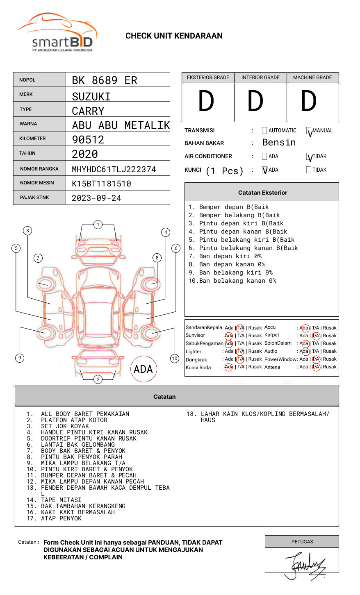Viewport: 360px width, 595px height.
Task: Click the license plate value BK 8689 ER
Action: point(104,80)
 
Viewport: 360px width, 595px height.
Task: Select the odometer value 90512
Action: point(88,140)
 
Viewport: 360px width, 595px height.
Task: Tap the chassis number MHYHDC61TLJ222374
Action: point(114,169)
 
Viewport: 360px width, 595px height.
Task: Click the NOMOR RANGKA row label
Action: point(39,169)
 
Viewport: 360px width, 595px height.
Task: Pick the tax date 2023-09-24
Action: point(96,198)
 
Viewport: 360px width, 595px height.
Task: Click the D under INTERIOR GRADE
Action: point(255,101)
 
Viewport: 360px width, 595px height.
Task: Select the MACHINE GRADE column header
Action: point(312,77)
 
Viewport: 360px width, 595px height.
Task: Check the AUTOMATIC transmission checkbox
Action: point(264,131)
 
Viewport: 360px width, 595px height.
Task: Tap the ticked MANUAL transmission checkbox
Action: point(309,131)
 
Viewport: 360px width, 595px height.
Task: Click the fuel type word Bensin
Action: point(279,143)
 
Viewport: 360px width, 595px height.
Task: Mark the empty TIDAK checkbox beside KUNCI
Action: point(309,170)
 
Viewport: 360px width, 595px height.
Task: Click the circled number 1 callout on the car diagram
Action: point(98,225)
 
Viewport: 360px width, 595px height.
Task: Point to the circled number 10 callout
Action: point(175,359)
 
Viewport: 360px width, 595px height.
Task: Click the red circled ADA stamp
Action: point(143,369)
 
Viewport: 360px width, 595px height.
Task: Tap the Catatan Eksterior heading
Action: point(262,193)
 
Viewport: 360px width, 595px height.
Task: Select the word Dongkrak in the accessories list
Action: point(196,360)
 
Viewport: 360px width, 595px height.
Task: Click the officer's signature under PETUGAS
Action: point(306,565)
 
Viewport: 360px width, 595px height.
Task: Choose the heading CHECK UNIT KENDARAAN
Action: point(174,36)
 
